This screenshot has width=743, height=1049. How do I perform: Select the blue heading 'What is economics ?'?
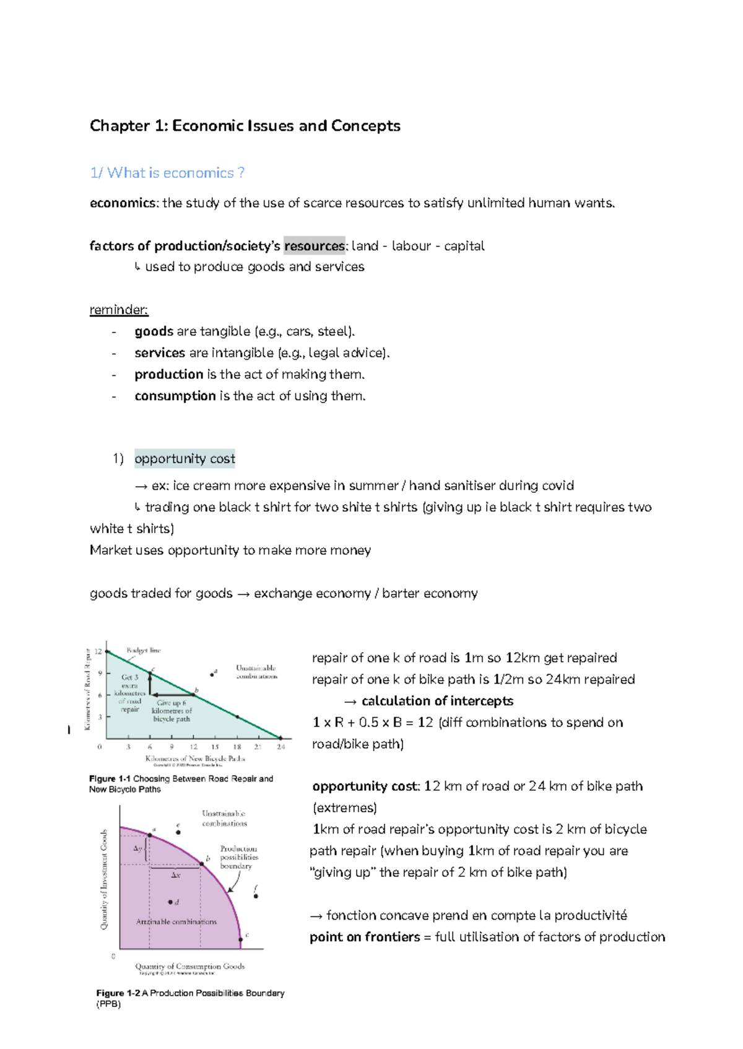pyautogui.click(x=175, y=173)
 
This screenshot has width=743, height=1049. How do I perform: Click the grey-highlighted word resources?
pyautogui.click(x=314, y=246)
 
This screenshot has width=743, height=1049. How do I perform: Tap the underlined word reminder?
pyautogui.click(x=118, y=310)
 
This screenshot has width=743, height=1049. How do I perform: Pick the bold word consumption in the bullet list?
pyautogui.click(x=175, y=396)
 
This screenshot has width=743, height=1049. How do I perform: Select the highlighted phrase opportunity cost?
pyautogui.click(x=185, y=459)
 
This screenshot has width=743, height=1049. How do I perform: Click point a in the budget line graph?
pyautogui.click(x=212, y=674)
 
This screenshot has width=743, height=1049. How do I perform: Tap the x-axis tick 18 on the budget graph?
pyautogui.click(x=237, y=747)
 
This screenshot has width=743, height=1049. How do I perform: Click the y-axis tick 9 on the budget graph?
pyautogui.click(x=100, y=673)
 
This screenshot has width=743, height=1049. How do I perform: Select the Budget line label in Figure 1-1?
pyautogui.click(x=143, y=650)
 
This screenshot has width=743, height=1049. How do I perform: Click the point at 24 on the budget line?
pyautogui.click(x=280, y=738)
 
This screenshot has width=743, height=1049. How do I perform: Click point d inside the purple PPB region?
pyautogui.click(x=170, y=902)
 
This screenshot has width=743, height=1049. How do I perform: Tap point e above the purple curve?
pyautogui.click(x=178, y=832)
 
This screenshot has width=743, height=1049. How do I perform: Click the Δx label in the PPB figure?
pyautogui.click(x=175, y=875)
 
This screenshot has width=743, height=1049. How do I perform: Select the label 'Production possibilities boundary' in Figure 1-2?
pyautogui.click(x=238, y=857)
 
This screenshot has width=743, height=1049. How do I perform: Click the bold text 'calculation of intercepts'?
pyautogui.click(x=437, y=701)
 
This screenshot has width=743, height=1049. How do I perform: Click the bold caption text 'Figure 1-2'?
pyautogui.click(x=118, y=993)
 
